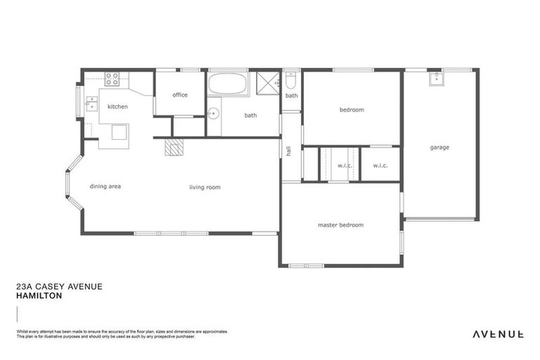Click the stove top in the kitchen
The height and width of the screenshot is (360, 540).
[x=112, y=78]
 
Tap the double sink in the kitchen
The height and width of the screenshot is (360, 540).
[x=91, y=105]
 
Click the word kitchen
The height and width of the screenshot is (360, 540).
[x=117, y=107]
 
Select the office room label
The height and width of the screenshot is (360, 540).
[x=180, y=95]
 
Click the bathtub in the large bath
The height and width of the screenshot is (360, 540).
[x=228, y=84]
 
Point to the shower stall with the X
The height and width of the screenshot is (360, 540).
[x=268, y=82]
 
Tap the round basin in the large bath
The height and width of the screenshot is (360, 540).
[x=214, y=112]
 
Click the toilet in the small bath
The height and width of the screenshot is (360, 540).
[x=291, y=81]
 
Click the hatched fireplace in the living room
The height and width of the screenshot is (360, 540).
[x=174, y=146]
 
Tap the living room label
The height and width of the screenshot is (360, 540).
[x=205, y=188]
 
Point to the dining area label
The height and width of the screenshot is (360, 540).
[x=105, y=186]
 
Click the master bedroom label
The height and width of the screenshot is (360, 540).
[x=340, y=225]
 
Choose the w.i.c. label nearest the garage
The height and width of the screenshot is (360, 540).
[x=380, y=166]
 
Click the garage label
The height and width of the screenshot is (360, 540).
[x=439, y=148]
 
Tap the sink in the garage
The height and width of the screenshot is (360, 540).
[x=436, y=78]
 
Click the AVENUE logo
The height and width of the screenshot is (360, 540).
[x=497, y=334]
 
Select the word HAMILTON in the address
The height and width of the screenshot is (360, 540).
[x=39, y=296]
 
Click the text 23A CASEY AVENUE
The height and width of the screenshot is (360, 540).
[x=59, y=286]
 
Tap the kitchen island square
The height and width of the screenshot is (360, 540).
[x=119, y=131]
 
